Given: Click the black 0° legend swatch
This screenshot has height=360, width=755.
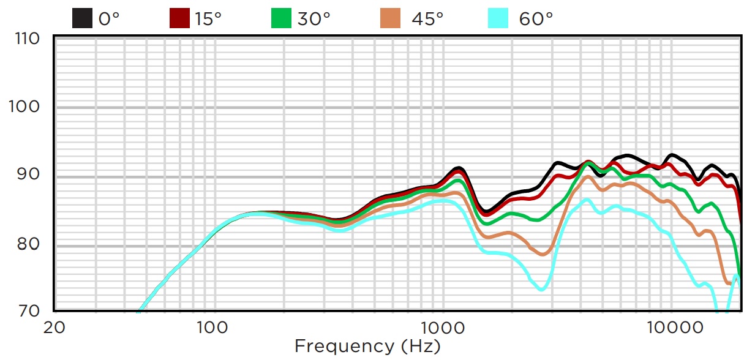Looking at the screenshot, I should click(82, 18).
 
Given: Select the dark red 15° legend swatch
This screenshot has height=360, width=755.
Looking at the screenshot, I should click(179, 18).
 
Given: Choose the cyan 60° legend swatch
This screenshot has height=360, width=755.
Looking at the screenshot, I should click(498, 18).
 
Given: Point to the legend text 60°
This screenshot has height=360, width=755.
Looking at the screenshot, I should click(536, 18).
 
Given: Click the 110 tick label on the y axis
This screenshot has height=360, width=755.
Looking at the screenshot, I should click(26, 39).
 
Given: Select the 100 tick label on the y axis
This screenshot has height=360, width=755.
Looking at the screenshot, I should click(26, 107).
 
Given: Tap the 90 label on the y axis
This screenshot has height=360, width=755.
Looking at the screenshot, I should click(29, 174).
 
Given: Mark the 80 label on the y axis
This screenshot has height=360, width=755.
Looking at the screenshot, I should click(29, 244).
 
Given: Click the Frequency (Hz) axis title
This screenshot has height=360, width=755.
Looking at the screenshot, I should click(367, 346).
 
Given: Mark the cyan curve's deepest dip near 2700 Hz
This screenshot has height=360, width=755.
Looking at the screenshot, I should click(541, 289).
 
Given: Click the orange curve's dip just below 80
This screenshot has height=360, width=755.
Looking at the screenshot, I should click(543, 254).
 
